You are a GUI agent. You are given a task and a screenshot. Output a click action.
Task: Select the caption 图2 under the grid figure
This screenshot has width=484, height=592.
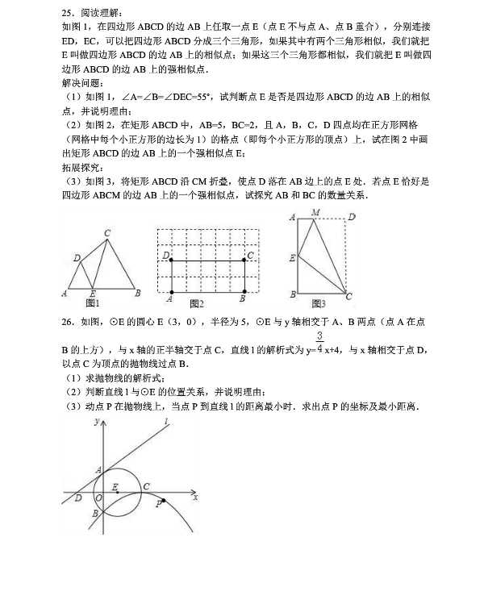pos(196,303)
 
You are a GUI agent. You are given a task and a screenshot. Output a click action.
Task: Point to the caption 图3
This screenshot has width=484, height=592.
pos(318,303)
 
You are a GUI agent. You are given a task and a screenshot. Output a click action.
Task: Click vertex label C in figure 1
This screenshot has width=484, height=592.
pos(107,233)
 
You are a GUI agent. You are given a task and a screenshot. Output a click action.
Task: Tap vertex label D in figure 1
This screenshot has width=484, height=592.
pos(76,258)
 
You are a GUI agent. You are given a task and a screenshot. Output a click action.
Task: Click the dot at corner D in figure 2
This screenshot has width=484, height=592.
pos(172,260)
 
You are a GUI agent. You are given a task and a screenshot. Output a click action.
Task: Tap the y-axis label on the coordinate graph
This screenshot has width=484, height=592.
pos(97,421)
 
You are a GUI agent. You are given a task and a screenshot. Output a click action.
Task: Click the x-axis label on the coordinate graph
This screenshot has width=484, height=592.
pos(196,498)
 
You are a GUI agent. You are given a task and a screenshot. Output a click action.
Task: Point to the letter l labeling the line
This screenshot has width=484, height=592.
pos(165,421)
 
